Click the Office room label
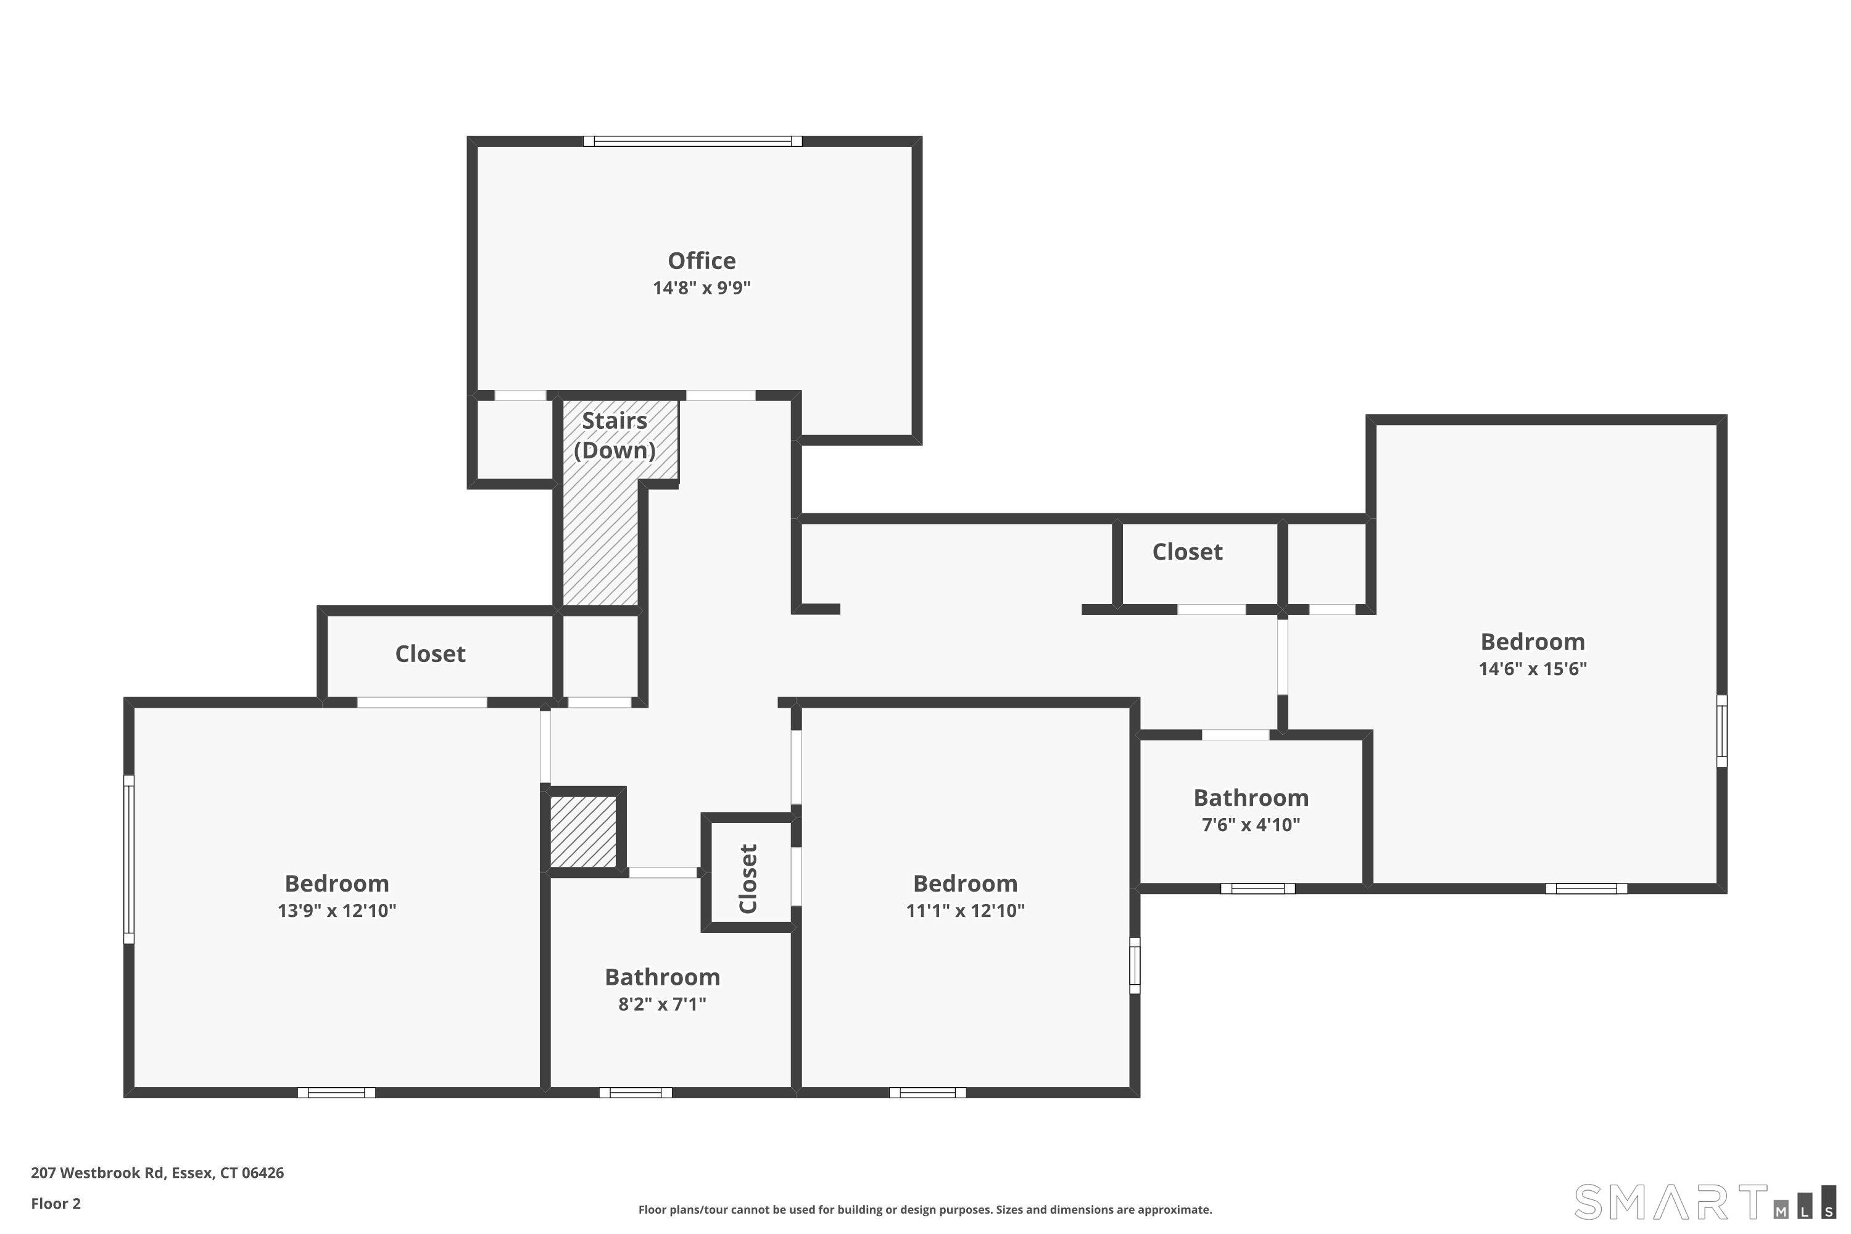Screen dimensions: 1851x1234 coord(701,260)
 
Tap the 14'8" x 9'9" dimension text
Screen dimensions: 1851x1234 coord(701,288)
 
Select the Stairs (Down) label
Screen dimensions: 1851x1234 coord(614,435)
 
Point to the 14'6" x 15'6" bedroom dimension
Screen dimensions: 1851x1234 coord(1532,669)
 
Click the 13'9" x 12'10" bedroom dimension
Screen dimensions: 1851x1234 coord(336,911)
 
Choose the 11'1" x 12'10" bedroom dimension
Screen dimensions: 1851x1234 coord(965,911)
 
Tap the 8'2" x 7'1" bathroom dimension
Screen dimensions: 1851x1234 coord(662,1004)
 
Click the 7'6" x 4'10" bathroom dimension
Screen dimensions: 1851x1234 coord(1251,825)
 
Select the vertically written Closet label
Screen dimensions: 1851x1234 coord(748,878)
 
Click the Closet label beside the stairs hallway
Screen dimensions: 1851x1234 coord(1186,552)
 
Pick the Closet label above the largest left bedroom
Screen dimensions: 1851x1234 coord(429,654)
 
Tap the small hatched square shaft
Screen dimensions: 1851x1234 coord(583,831)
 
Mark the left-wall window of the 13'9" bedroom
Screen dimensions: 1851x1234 coord(129,859)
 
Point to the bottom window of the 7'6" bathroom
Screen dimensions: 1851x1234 coord(1257,888)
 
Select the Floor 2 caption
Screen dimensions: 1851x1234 coord(56,1203)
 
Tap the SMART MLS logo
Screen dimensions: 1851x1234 coord(1705,1202)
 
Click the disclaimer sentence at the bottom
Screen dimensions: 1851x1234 coord(925,1209)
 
